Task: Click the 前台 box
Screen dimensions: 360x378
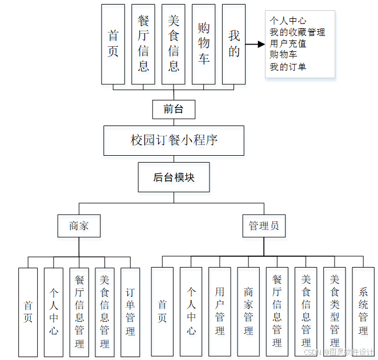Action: [x=174, y=108]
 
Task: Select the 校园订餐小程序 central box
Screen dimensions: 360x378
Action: [x=174, y=140]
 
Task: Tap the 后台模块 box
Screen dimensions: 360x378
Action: [x=174, y=177]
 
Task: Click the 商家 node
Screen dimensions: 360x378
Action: [x=79, y=226]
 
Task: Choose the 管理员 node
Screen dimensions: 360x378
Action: [x=263, y=226]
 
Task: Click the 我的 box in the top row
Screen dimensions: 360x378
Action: [x=234, y=44]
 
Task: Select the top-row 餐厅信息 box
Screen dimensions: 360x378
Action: [x=143, y=44]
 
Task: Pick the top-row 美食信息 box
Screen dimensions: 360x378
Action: [x=174, y=44]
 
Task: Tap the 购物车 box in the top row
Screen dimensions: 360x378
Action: [x=204, y=44]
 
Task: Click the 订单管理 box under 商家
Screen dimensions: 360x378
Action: [x=130, y=312]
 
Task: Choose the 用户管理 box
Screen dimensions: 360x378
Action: [x=220, y=312]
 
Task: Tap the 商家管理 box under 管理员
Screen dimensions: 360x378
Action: [x=248, y=312]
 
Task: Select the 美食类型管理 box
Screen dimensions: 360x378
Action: [x=335, y=312]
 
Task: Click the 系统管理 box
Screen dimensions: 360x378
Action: [x=363, y=312]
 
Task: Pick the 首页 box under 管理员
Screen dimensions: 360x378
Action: [x=162, y=312]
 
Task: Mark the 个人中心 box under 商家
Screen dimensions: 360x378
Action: [x=53, y=312]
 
